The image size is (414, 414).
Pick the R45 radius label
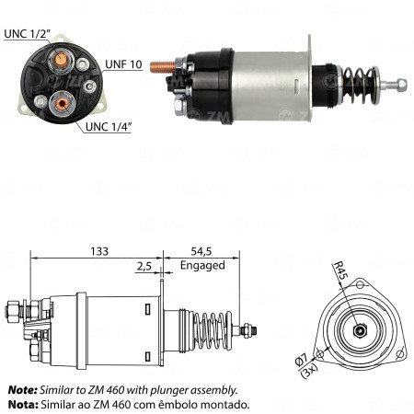point(340,270)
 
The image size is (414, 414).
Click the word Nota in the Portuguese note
point(21,404)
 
